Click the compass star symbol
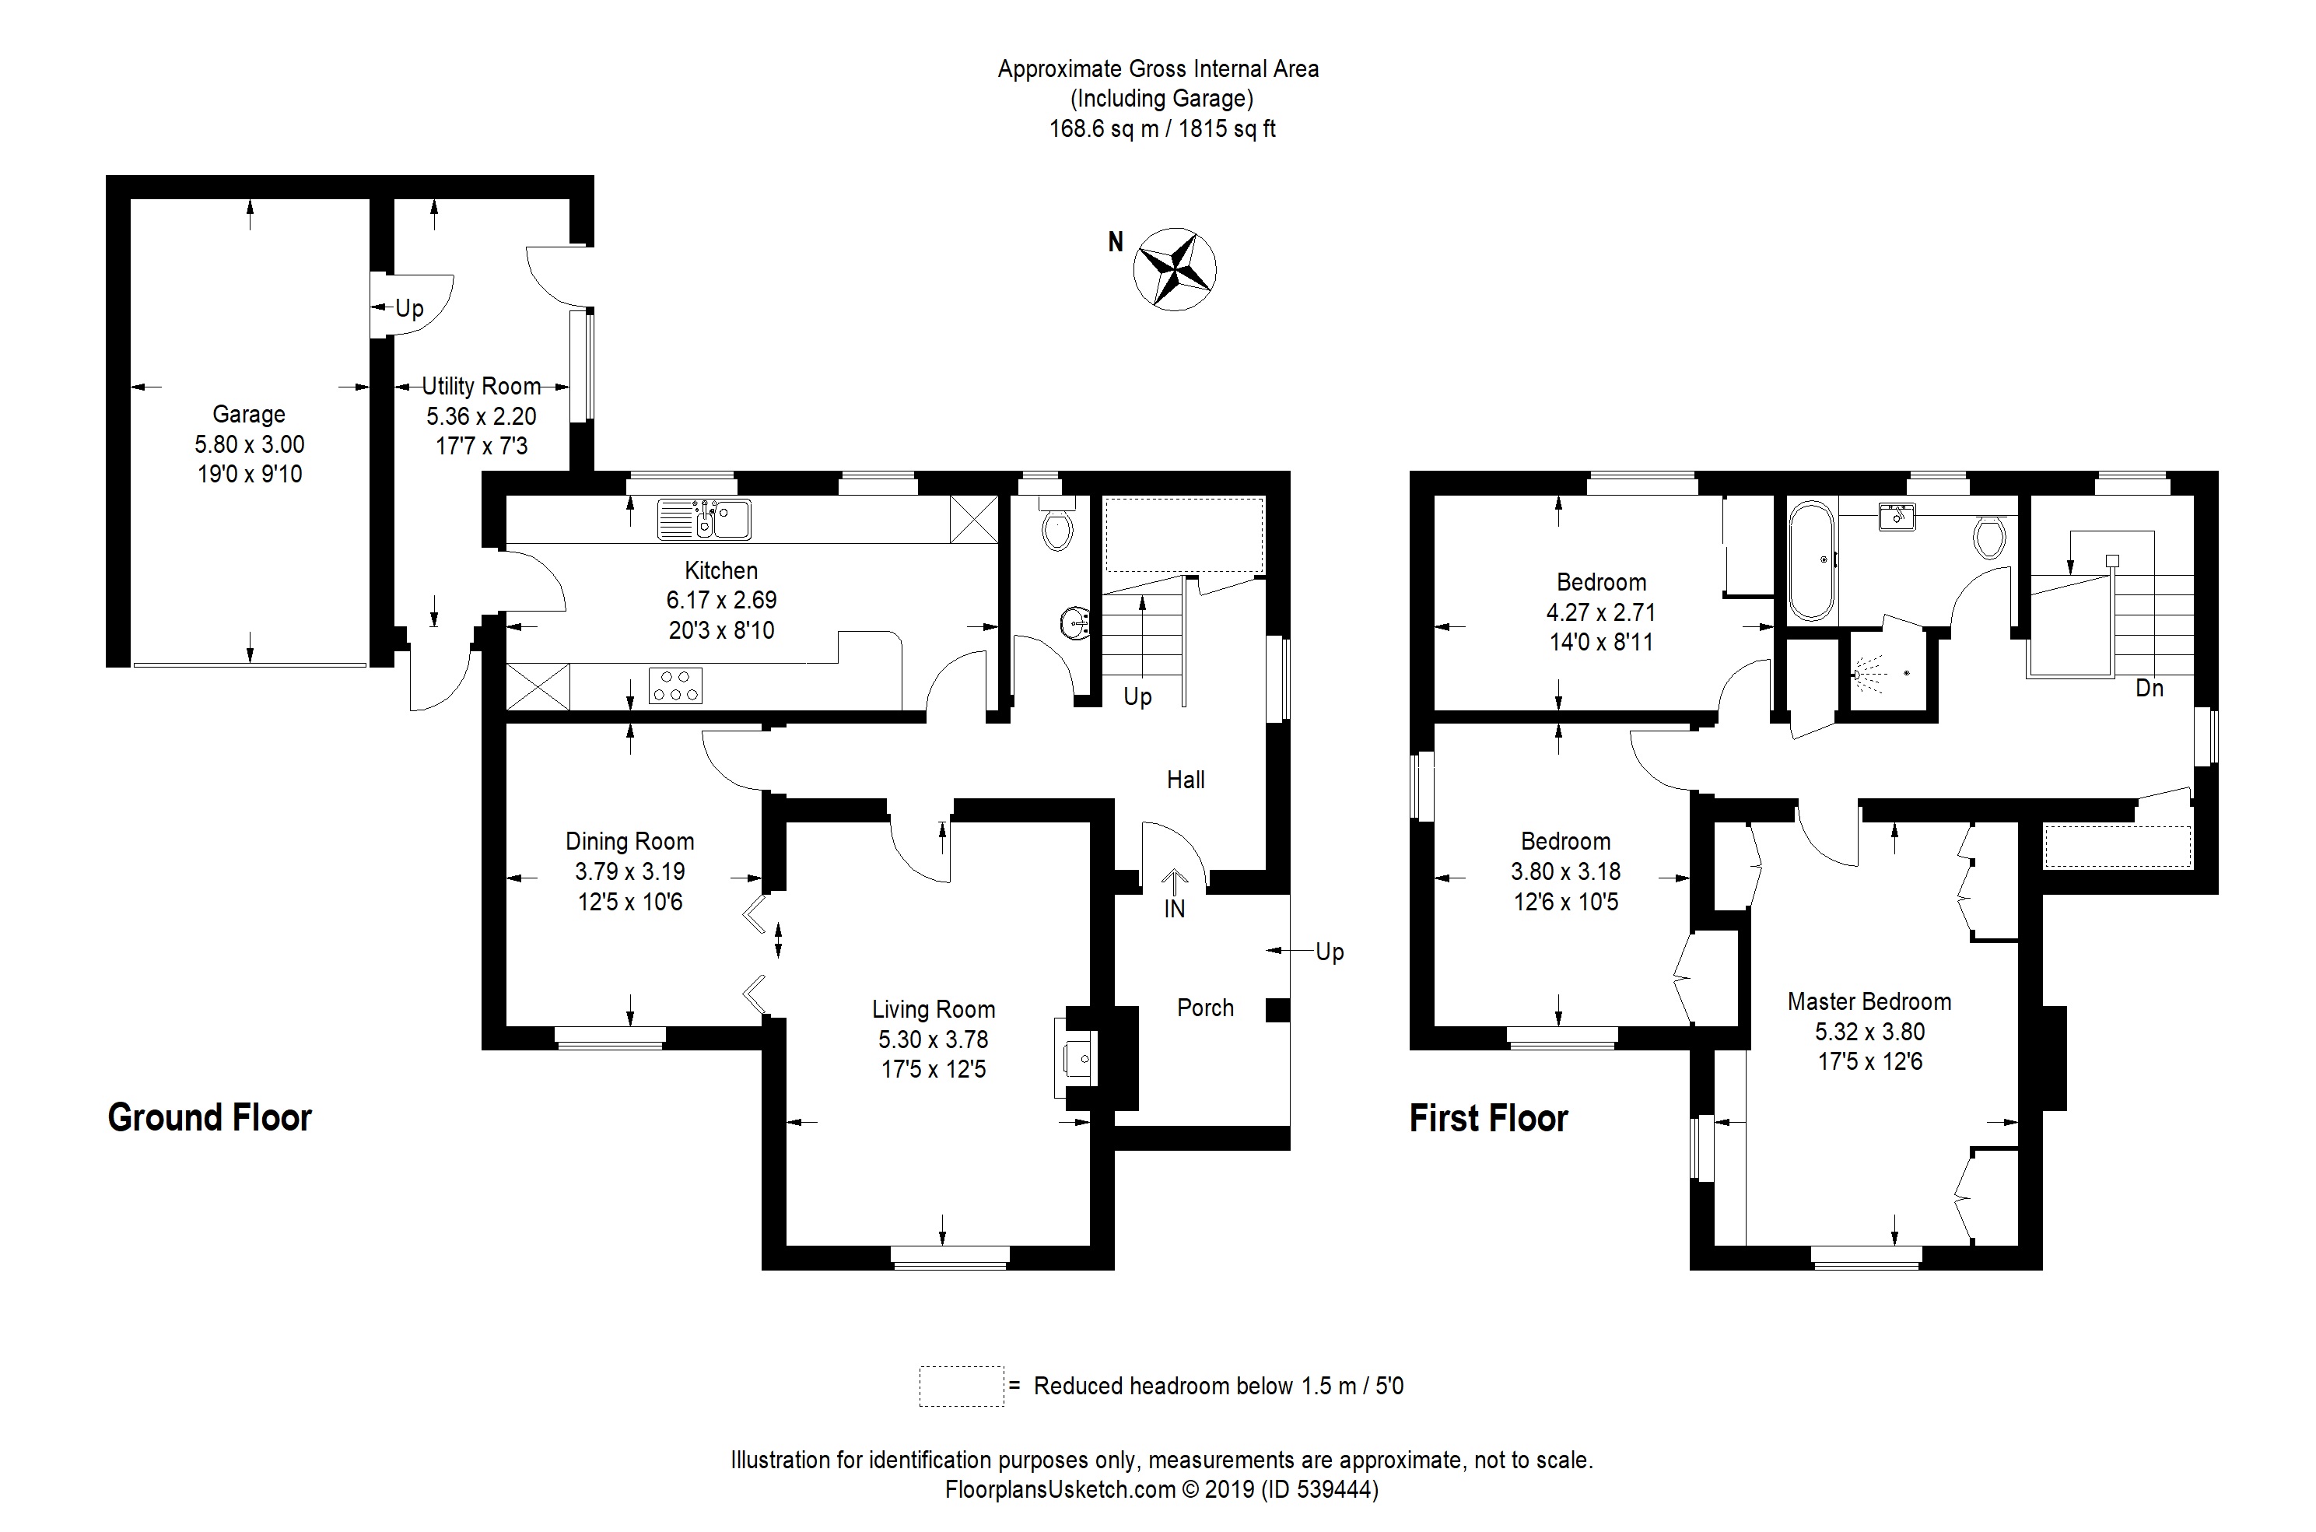pos(1174,268)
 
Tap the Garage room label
pos(248,414)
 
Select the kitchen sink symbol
pos(704,519)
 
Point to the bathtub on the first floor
pos(1811,561)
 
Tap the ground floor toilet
pos(1057,528)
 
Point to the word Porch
pos(1204,1008)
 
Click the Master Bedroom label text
pos(1869,1001)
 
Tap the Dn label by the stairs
pos(2149,688)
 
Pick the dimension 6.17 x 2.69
pos(721,600)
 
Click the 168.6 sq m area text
pos(1103,129)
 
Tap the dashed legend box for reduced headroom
pos(960,1386)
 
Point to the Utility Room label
pos(481,386)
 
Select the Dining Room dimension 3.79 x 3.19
pos(629,871)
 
